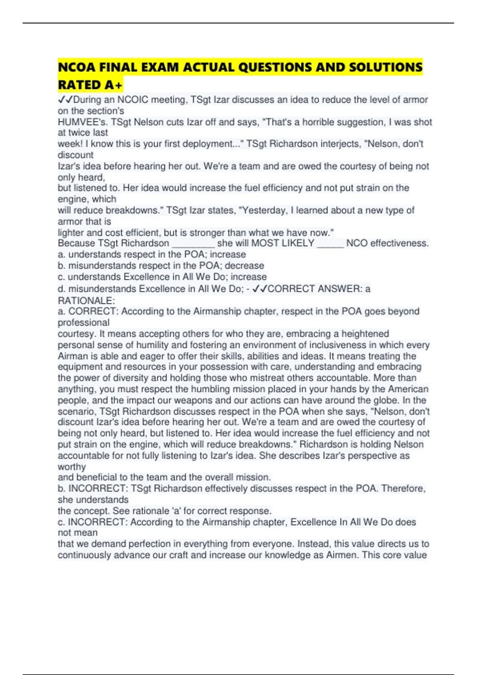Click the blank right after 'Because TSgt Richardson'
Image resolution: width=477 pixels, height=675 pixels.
[x=193, y=243]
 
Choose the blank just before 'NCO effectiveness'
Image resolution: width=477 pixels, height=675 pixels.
[x=330, y=243]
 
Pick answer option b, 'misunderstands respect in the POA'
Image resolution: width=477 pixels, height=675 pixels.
[x=161, y=265]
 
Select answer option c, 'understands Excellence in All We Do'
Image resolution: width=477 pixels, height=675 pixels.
[x=162, y=277]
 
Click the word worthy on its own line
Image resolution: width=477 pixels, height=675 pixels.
[x=72, y=467]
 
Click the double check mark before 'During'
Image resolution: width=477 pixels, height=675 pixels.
[x=65, y=100]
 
